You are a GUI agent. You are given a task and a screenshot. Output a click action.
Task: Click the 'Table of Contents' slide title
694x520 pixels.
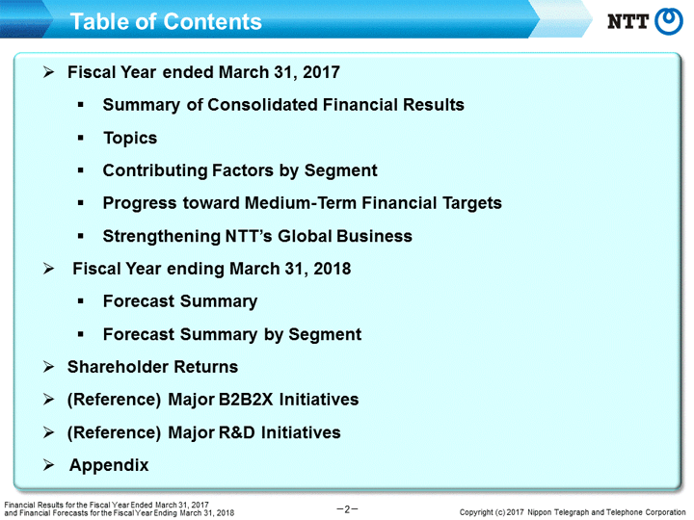pos(166,21)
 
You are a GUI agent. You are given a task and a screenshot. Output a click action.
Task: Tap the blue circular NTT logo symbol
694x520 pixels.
pos(669,21)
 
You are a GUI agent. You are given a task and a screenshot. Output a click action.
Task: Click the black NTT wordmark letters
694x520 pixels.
pos(627,21)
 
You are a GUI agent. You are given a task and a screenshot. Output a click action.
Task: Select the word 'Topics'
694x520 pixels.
pos(130,138)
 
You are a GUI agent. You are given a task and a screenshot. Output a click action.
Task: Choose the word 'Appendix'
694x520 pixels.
pos(109,466)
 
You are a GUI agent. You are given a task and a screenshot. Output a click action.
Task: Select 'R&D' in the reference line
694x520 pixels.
pos(237,432)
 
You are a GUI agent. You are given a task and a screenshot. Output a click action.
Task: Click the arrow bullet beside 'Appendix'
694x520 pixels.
pos(49,465)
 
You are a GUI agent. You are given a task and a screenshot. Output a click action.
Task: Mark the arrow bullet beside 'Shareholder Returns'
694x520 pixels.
pos(49,367)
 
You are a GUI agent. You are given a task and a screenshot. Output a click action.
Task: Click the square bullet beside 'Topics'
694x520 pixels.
pos(81,138)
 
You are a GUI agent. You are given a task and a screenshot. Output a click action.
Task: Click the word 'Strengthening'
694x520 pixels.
pos(162,237)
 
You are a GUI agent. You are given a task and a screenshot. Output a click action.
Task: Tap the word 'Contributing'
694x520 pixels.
pos(155,170)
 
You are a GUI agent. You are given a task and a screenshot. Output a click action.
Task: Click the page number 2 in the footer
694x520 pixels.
pos(347,509)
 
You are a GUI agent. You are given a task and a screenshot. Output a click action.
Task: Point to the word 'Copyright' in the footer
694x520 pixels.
pos(476,512)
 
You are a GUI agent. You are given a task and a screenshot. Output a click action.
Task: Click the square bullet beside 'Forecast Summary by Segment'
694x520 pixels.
pos(81,334)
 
